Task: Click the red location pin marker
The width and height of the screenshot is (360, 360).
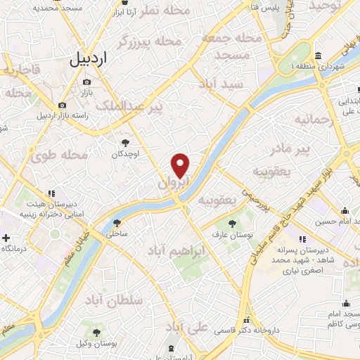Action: tap(181, 165)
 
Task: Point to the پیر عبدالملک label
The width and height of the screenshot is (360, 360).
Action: tap(152, 106)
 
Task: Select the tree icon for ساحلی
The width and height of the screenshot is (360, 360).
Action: tap(117, 224)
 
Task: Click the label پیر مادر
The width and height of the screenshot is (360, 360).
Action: tap(290, 150)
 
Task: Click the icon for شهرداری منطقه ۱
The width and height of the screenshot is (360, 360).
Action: tap(318, 56)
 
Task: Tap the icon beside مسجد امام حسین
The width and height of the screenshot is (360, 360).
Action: tap(345, 211)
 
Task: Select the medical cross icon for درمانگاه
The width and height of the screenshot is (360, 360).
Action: tap(6, 238)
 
